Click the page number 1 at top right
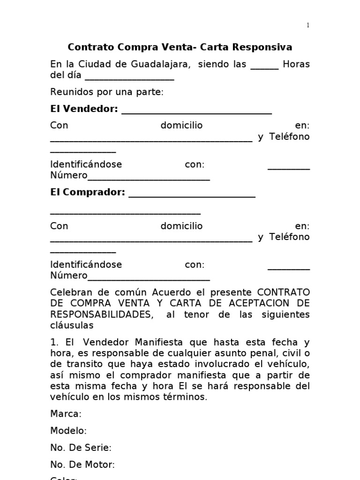click(308, 25)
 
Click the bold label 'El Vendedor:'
click(84, 109)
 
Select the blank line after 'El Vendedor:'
click(196, 112)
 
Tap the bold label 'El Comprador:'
click(88, 192)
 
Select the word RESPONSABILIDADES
click(101, 314)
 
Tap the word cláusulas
click(72, 325)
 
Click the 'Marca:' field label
click(66, 414)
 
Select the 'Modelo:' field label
click(68, 431)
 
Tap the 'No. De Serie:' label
click(81, 448)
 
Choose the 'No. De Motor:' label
click(82, 465)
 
